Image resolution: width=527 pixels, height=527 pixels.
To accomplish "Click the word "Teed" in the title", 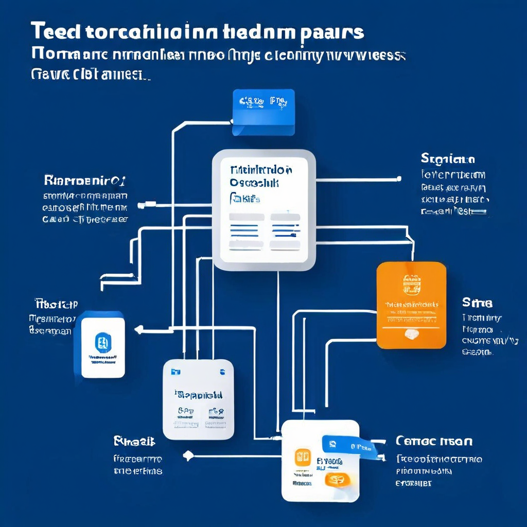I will [55, 32].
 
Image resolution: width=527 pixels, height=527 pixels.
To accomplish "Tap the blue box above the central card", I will [263, 112].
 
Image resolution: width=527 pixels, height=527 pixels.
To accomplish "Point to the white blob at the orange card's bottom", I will [411, 334].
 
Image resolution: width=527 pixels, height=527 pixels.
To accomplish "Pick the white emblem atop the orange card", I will [411, 283].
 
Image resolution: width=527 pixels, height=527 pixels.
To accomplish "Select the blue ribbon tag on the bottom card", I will [349, 446].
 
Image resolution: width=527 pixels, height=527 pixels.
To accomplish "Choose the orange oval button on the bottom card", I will [337, 480].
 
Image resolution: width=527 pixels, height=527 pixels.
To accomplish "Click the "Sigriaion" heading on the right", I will [448, 158].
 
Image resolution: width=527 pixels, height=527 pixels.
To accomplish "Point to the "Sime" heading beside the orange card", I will [477, 302].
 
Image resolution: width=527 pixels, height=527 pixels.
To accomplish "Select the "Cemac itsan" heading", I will [434, 441].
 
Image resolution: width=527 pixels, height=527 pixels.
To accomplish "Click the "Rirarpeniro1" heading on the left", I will [85, 180].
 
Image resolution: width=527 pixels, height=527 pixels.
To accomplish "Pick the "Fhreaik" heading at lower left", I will [134, 441].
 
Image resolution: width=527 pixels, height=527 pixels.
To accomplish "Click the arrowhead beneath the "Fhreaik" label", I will [189, 455].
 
